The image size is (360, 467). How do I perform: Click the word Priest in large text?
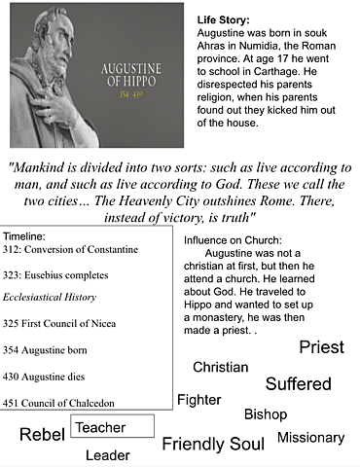[x=321, y=347]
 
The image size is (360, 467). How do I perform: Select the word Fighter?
[x=198, y=400]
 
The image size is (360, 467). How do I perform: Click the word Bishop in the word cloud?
[x=265, y=414]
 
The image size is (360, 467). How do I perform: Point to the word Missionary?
[x=310, y=438]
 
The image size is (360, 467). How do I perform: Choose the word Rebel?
[x=42, y=435]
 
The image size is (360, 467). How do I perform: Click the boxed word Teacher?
[x=100, y=427]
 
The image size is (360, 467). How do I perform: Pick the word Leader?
[x=107, y=455]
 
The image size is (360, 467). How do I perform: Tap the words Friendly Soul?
[x=212, y=445]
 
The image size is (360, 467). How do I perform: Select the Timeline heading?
[x=29, y=236]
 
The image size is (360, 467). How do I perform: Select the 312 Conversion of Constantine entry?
[x=69, y=250]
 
